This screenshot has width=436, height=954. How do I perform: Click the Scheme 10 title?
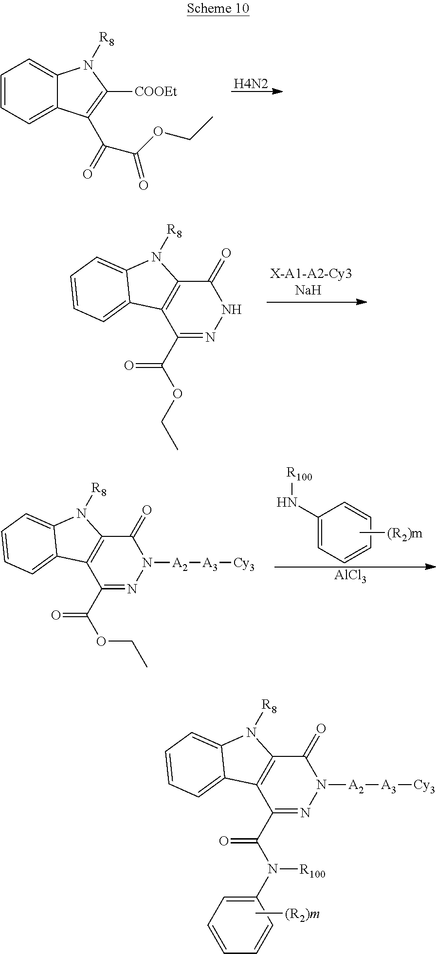click(218, 9)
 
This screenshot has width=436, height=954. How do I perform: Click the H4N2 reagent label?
click(247, 84)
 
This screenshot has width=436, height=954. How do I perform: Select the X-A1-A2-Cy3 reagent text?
click(311, 274)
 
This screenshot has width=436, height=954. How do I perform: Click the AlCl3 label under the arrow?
click(350, 578)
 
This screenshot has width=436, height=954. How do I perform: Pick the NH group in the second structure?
click(231, 310)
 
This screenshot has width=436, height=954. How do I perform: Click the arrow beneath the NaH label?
click(316, 302)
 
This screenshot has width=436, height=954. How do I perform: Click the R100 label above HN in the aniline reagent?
click(299, 476)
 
